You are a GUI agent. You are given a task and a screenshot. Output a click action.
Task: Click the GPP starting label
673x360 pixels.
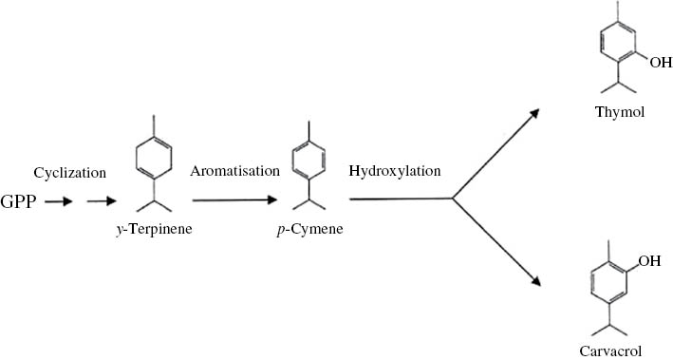(x=21, y=202)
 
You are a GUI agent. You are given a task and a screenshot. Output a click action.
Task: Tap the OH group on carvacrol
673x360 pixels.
(x=645, y=258)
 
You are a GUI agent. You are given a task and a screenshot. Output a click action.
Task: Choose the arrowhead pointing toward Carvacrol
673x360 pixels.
(x=535, y=281)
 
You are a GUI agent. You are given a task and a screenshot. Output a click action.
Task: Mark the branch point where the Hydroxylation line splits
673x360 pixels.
(x=454, y=199)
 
